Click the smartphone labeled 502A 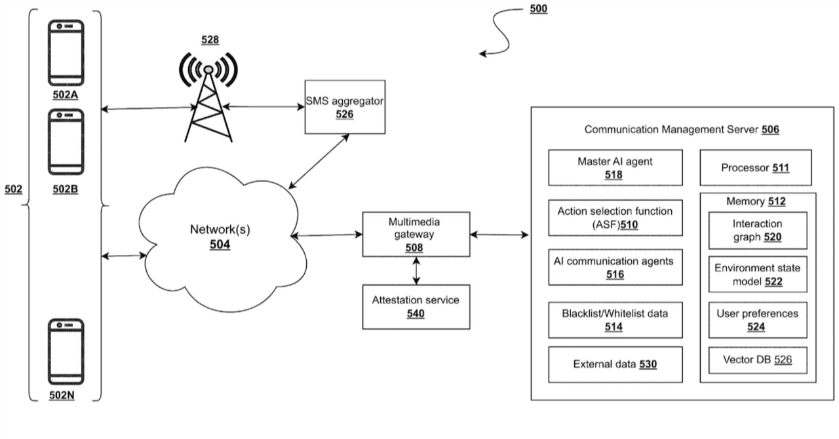[66, 53]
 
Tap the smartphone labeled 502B [66, 140]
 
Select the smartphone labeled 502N [66, 353]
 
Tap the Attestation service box [416, 307]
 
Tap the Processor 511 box [756, 168]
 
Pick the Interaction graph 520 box [757, 230]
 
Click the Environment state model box [757, 275]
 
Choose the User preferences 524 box [757, 320]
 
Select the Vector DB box [757, 360]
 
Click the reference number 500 [537, 9]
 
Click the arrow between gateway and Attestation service [415, 271]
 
